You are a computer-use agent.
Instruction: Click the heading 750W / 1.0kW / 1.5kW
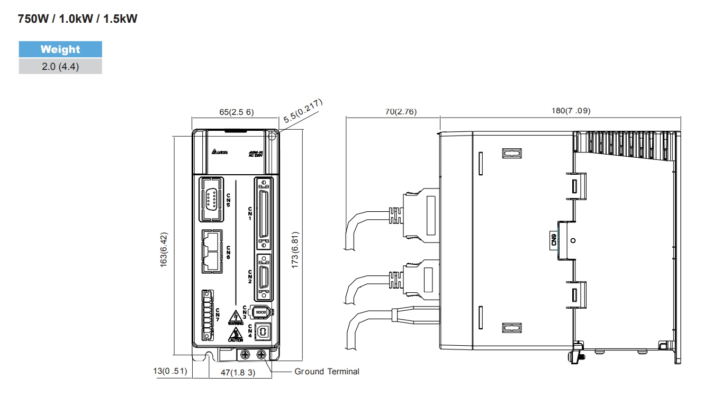click(78, 19)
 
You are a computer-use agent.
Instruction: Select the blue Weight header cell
click(60, 49)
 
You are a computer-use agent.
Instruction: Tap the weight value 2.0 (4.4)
click(60, 66)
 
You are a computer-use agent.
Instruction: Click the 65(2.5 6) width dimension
click(237, 112)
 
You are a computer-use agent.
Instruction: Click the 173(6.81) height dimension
click(295, 249)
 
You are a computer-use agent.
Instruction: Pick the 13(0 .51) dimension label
click(170, 371)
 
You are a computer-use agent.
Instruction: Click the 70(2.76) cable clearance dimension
click(393, 111)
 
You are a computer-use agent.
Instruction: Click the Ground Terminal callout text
click(327, 372)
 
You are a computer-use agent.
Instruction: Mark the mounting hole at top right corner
click(272, 136)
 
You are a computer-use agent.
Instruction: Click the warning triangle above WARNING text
click(235, 316)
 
